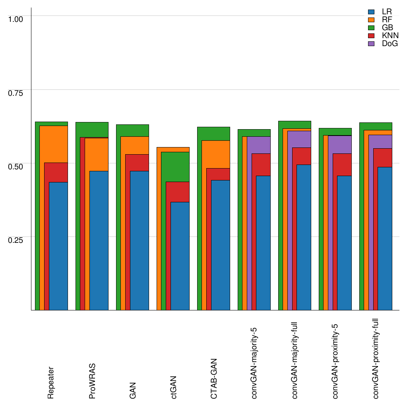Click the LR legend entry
(383, 12)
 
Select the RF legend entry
(383, 20)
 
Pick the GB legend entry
(383, 28)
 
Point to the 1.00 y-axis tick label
(16, 19)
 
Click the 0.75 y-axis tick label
(16, 93)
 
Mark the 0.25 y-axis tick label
(16, 240)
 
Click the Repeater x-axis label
(51, 382)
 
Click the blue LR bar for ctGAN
(180, 256)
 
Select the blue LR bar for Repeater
(58, 246)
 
